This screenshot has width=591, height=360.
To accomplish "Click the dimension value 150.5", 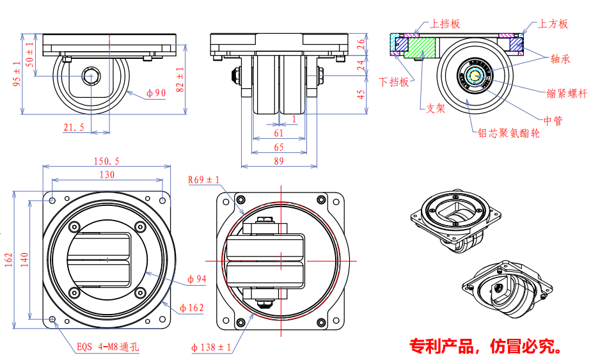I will pos(106,161).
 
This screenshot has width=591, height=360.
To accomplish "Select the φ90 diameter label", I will pos(155,93).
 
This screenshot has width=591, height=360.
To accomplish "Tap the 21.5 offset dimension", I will pos(74,127).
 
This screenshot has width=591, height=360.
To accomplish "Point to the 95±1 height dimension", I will pos(18,73).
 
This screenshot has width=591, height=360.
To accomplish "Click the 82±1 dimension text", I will pos(180,79).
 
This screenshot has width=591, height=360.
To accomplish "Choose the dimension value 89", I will pos(279,161).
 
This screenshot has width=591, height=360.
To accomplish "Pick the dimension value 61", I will pos(279,133).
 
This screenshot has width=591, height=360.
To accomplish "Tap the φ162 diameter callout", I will pos(192,308).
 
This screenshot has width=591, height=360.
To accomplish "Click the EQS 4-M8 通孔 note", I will pos(107,348).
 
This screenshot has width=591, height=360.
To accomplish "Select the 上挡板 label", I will pos(445,24).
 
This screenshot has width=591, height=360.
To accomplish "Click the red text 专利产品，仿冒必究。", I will pos(487,346).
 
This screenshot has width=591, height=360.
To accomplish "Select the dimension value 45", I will pos(361,94).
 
